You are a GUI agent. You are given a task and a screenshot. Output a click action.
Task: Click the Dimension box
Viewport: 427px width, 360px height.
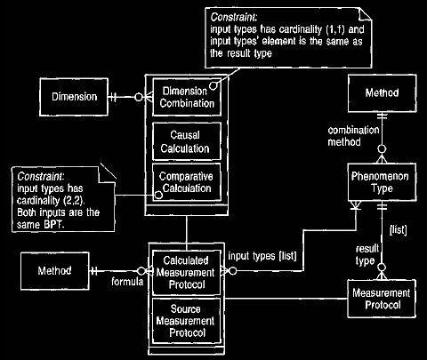74,97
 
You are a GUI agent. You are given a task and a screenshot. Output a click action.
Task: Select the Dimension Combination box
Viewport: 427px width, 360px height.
187,97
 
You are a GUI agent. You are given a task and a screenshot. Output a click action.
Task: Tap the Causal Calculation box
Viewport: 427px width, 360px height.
187,141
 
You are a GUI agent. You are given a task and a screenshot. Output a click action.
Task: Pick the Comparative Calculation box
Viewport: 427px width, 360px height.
187,182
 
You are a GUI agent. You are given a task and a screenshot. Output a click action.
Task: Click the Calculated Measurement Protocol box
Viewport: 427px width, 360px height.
187,273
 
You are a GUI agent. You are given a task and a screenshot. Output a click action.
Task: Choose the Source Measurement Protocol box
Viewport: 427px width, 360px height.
187,321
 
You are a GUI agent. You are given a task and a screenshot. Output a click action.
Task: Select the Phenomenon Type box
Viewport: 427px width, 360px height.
383,182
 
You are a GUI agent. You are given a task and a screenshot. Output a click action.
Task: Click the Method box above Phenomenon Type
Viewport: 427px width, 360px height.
383,93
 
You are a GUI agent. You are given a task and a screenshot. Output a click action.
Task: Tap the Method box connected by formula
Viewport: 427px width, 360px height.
55,271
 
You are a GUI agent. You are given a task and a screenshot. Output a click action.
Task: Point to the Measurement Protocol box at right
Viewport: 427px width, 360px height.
382,299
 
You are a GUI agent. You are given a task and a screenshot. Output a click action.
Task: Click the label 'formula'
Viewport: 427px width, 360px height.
127,282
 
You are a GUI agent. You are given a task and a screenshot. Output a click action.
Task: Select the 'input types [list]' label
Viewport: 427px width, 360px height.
262,256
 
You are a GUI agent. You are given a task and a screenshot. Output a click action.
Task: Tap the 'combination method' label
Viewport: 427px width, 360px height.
353,136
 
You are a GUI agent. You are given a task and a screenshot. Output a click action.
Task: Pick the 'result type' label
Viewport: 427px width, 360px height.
367,255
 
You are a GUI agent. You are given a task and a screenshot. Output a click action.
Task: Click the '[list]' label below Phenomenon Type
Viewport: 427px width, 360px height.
398,229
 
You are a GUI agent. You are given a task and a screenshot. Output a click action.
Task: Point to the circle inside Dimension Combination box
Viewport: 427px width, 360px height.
213,86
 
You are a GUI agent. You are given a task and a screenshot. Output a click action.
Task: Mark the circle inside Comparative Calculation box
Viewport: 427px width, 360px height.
159,195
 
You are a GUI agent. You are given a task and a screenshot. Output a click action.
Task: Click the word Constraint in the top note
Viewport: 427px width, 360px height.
234,17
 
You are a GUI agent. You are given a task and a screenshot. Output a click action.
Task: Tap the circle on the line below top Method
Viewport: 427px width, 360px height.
383,149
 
